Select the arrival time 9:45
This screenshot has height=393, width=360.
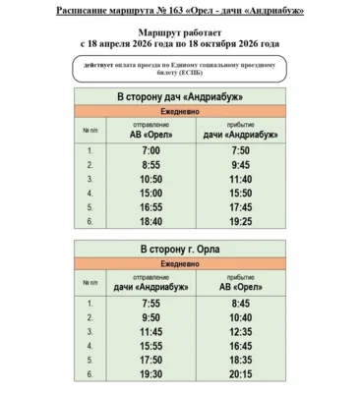[241, 165]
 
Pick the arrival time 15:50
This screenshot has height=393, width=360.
[241, 195]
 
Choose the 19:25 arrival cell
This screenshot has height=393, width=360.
[241, 224]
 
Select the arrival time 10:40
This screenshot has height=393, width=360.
[241, 318]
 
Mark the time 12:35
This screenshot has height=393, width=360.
[241, 333]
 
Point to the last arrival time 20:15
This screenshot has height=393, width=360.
[241, 375]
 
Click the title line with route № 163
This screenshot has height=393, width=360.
[179, 11]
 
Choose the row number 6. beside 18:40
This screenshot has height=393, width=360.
[90, 224]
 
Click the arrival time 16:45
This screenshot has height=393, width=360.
[241, 347]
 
